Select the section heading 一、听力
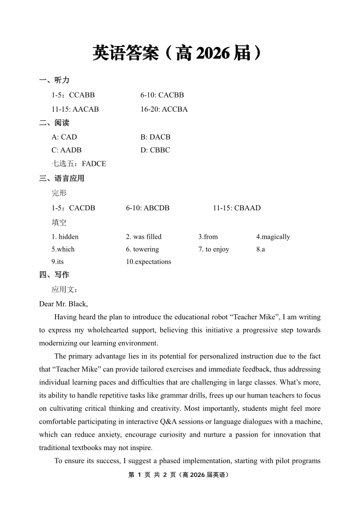[54, 80]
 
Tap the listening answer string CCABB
[82, 95]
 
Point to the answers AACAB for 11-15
[85, 109]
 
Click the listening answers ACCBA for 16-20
[174, 109]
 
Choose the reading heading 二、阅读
[54, 123]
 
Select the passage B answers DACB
[160, 137]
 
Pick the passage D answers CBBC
[160, 150]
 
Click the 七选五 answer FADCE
[94, 164]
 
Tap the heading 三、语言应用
[62, 178]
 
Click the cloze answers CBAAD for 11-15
[247, 208]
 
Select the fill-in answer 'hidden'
[69, 237]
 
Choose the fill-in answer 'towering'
[146, 249]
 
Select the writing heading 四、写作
[54, 274]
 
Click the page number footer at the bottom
[179, 474]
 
